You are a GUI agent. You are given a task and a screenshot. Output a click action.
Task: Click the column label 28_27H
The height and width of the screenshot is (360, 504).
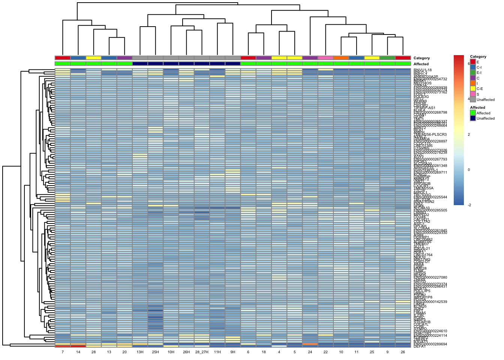[x=202, y=352]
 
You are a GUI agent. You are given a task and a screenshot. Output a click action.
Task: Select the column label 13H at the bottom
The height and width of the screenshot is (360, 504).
[x=140, y=352]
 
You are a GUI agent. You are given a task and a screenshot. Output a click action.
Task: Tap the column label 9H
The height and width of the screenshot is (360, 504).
[x=232, y=352]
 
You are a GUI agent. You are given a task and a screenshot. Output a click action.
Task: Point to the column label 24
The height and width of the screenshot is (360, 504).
[x=310, y=352]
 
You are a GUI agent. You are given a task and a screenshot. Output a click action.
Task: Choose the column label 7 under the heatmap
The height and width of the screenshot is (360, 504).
[x=63, y=352]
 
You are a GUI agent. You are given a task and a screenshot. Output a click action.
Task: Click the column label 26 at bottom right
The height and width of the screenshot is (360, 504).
[x=403, y=352]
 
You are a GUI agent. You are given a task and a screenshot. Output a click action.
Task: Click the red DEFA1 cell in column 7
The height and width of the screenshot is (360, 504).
[x=63, y=346]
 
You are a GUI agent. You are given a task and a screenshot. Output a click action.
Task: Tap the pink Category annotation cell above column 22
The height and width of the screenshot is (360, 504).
[x=325, y=58]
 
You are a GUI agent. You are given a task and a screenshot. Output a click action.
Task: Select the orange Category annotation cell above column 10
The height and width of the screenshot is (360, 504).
[x=341, y=58]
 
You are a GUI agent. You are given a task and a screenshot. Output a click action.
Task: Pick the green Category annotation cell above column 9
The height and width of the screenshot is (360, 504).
[x=387, y=58]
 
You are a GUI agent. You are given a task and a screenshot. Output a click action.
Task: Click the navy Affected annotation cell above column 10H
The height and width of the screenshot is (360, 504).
[x=171, y=64]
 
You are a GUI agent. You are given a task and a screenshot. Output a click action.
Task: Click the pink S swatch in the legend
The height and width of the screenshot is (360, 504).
[x=473, y=94]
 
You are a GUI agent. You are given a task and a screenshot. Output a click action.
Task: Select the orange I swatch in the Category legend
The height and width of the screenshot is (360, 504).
[x=473, y=83]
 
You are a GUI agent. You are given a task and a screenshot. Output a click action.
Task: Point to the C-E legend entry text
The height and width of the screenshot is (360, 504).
[x=480, y=89]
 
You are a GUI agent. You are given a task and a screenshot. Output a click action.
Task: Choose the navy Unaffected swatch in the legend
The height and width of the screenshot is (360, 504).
[x=473, y=118]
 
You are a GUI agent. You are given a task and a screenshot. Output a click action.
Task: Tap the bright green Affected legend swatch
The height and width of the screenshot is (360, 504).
[x=473, y=112]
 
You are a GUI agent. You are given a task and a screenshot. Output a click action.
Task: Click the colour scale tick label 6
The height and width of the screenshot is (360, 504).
[x=469, y=64]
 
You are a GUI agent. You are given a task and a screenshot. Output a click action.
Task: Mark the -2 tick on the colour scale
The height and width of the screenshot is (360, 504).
[x=469, y=205]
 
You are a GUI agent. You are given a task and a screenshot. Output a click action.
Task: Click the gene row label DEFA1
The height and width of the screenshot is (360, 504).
[x=420, y=346]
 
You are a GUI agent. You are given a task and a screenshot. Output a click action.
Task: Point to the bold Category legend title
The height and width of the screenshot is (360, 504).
[x=478, y=57]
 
